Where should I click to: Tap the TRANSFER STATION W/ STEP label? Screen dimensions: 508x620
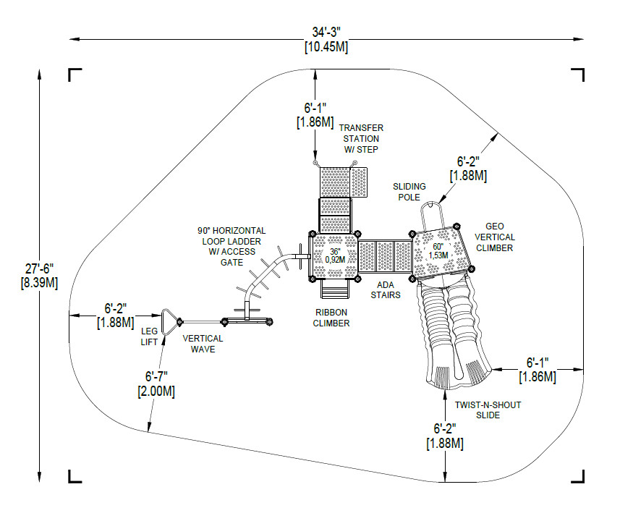coord(360,138)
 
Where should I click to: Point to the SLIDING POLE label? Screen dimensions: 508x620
coord(409,192)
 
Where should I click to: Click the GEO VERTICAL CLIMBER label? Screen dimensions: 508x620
coord(495,237)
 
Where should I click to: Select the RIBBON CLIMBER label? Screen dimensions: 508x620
coord(331,318)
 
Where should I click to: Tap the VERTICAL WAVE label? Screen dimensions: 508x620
coord(203,344)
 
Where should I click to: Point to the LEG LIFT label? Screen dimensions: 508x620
coord(149,336)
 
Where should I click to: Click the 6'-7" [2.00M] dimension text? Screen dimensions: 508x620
coord(156,384)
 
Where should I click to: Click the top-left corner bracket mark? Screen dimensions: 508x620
coord(74,74)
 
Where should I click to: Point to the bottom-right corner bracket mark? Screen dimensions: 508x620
coord(579,475)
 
